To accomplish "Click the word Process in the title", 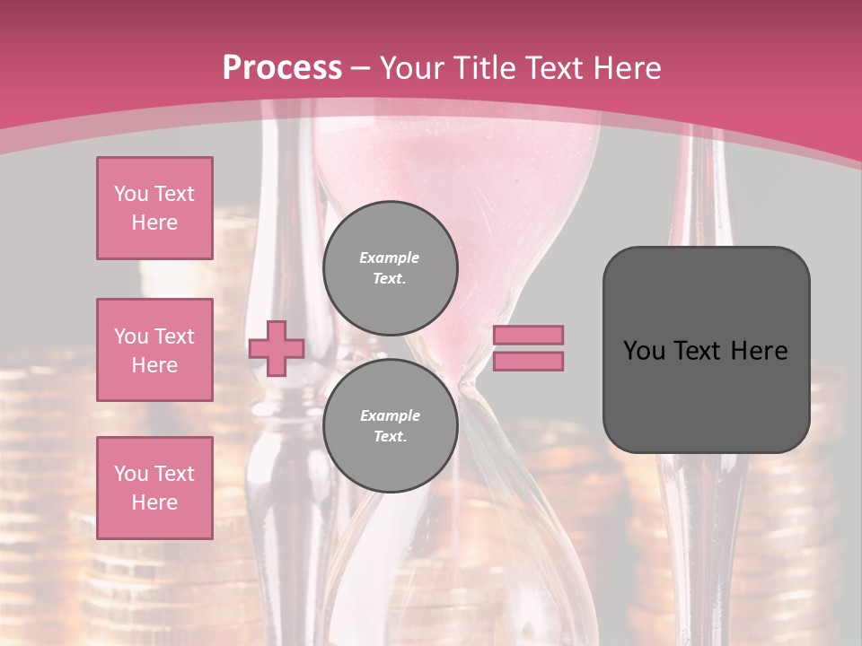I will click(282, 67).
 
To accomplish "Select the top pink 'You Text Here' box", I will click(154, 208).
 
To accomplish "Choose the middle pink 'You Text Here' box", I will click(154, 350).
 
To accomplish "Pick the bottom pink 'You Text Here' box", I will click(154, 488).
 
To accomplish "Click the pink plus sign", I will click(277, 348).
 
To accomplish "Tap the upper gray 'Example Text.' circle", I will click(390, 268).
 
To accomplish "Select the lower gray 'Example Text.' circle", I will click(390, 426).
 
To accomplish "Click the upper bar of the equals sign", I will click(529, 335).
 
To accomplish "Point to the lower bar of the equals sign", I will click(529, 362).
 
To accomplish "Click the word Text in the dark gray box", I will click(705, 351).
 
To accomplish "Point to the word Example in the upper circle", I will click(390, 258).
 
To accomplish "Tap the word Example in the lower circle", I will click(390, 415).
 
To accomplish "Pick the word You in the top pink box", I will click(131, 194).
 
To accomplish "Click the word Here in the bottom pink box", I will click(154, 502).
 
